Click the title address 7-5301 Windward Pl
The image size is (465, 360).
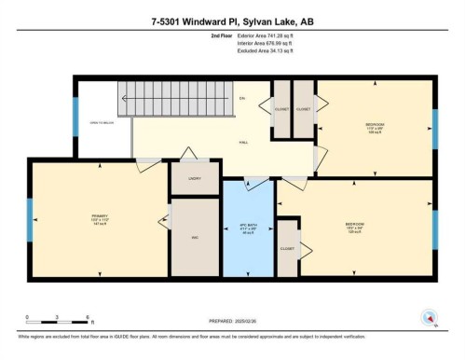tap(232, 12)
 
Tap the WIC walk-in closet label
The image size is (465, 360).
tap(196, 239)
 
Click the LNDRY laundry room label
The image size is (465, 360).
tap(195, 176)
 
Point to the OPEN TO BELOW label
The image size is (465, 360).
tap(102, 122)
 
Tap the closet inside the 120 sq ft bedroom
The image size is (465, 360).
tap(288, 248)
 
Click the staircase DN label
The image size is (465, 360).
tap(240, 98)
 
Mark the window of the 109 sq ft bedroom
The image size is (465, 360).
tap(434, 122)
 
